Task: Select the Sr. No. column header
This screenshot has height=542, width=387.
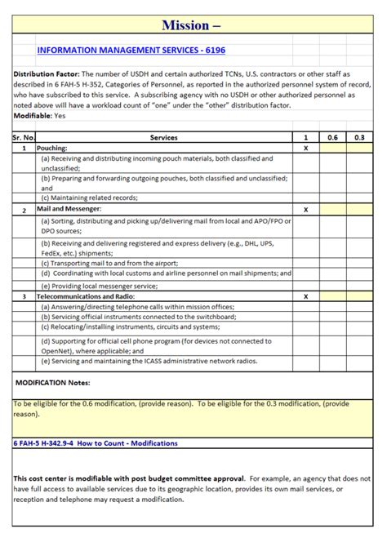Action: point(24,137)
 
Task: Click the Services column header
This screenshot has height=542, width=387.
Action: point(164,137)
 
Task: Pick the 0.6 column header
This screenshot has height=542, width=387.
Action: point(332,137)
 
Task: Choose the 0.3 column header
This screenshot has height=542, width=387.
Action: point(359,137)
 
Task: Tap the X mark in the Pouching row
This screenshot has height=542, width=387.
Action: point(305,149)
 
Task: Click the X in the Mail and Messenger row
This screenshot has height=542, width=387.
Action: point(305,210)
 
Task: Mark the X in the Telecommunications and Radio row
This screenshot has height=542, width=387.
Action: point(305,296)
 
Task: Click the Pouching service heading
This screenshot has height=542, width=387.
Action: point(53,149)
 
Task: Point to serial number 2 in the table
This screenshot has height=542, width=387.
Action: point(24,210)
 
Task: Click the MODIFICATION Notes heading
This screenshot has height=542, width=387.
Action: point(53,382)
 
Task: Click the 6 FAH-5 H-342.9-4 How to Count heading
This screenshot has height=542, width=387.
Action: point(96,442)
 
